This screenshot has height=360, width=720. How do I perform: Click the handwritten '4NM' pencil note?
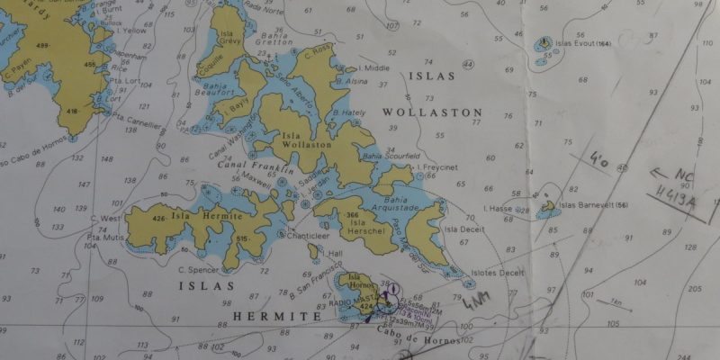tap(477, 301)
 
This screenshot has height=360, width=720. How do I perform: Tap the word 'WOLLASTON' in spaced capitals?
tap(432, 112)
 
